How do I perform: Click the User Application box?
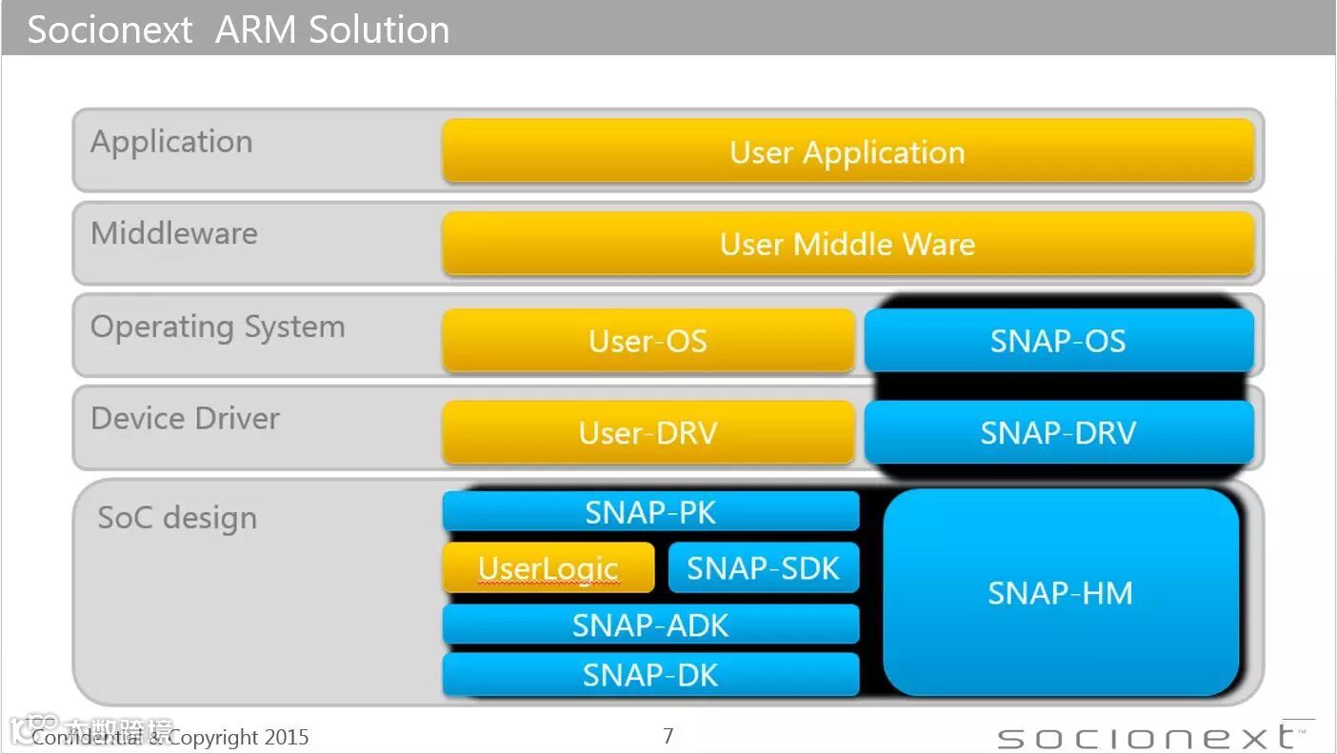pos(848,151)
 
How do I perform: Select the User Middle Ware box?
pos(848,244)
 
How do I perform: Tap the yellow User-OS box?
pos(648,340)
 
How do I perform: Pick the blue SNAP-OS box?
pos(1058,340)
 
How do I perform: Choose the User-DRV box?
pos(648,432)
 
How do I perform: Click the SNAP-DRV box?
pos(1058,432)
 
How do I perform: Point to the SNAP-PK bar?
pos(650,512)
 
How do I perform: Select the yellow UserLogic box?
pos(549,568)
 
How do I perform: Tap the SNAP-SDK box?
pos(764,568)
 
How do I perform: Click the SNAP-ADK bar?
pos(650,625)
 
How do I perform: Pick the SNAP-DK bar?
pos(650,674)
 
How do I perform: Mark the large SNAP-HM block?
pos(1060,592)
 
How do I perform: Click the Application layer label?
pos(171,141)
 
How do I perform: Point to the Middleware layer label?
pos(174,233)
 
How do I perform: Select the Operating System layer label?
pos(217,327)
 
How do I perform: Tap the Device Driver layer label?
pos(185,418)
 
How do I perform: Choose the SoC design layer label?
pos(177,518)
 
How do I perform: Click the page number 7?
pos(668,735)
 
